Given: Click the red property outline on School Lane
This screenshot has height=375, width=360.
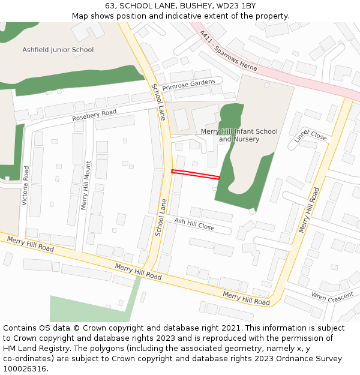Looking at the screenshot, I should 196,175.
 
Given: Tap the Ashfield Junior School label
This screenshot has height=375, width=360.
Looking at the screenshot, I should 58,50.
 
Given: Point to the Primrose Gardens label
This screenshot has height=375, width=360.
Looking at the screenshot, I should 188,85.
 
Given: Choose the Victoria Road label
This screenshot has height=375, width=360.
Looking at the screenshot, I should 26,185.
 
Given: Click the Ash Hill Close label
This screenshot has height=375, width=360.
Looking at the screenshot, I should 194,224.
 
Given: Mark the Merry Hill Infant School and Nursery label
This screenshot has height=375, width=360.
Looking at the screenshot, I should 239,135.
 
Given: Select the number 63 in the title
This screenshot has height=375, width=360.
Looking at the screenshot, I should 110,5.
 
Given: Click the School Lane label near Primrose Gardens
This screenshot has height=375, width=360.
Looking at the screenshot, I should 158,102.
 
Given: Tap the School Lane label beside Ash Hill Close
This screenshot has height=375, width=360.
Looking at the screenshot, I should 160,217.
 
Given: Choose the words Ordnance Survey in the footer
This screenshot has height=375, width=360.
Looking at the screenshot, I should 312,359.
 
